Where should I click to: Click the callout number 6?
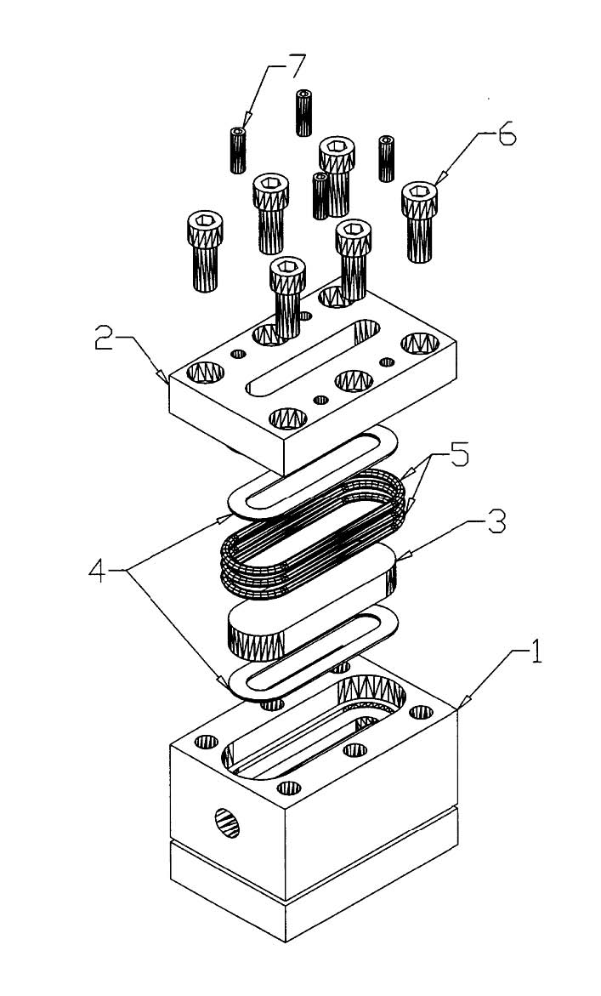coord(506,137)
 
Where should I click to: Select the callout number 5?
coord(459,456)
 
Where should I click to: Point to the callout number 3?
coord(496,521)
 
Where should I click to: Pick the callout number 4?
coord(101,567)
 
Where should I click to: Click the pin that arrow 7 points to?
coord(238,151)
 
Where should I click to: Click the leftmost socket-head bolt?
coord(204,252)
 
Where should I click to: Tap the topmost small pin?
coord(304,111)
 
